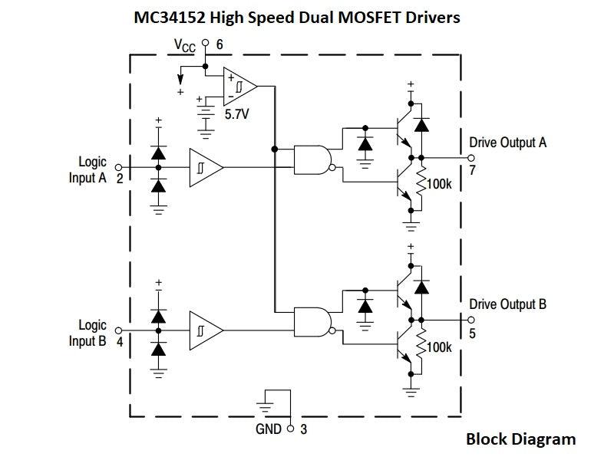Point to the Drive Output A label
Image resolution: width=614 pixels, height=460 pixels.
click(507, 143)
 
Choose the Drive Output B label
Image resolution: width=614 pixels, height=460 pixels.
click(507, 304)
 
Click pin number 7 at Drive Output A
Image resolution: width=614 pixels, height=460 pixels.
click(473, 170)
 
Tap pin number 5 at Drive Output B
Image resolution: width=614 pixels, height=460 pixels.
click(473, 333)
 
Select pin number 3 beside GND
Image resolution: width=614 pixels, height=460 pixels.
click(304, 429)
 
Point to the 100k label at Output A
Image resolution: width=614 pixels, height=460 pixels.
click(440, 184)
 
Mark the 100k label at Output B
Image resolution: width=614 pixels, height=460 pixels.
click(440, 347)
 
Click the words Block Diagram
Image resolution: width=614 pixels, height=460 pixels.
click(520, 439)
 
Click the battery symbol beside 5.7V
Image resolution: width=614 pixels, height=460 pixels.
click(205, 110)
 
